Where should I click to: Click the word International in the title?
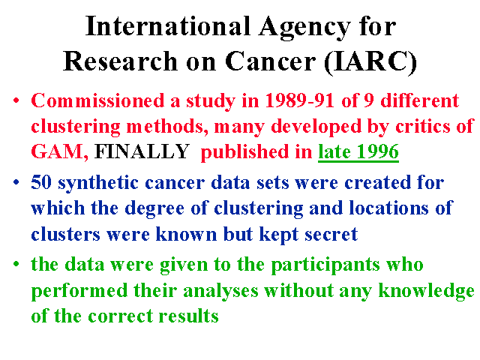point(168,26)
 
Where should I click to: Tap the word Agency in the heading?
point(304,28)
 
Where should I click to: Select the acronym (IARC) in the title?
point(370,61)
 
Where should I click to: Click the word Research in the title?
point(120,61)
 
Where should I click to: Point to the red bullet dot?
point(16,100)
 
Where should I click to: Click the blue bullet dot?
point(16,182)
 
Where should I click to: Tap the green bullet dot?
point(16,264)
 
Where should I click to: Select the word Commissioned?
point(97,100)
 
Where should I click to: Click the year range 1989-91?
point(300,100)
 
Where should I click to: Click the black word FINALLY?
point(142,151)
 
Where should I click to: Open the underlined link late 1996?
point(358,151)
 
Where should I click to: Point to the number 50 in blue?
point(41,182)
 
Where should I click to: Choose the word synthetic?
point(98,184)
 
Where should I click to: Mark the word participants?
point(325,265)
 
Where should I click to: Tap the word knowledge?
point(427,291)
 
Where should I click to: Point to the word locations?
point(389,208)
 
